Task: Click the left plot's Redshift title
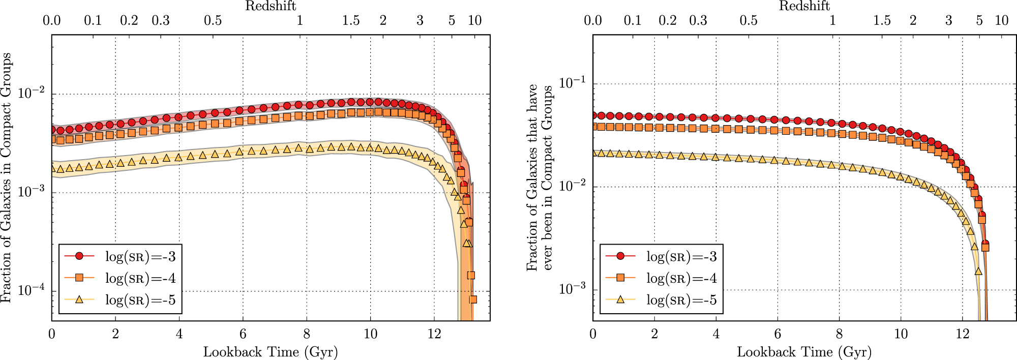point(271,6)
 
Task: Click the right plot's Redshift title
point(804,6)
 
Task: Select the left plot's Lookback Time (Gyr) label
point(271,352)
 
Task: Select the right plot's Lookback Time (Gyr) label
point(804,352)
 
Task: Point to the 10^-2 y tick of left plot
point(32,94)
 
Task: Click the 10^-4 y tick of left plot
point(32,291)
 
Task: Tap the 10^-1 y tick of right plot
point(573,83)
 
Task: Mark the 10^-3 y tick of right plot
point(573,289)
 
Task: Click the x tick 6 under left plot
point(243,334)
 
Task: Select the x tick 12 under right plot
point(962,334)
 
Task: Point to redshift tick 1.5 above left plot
point(351,21)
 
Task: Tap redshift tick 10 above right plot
point(1001,21)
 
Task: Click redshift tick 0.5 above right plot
point(749,21)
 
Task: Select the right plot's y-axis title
point(540,178)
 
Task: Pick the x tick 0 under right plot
point(593,334)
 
